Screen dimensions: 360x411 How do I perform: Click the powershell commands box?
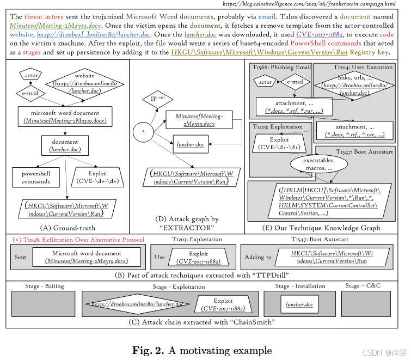(x=35, y=178)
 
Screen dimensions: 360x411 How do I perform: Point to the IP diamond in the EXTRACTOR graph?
(x=154, y=99)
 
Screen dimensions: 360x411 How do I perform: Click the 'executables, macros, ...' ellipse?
(x=318, y=164)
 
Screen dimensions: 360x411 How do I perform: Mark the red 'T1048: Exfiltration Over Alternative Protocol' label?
(x=78, y=240)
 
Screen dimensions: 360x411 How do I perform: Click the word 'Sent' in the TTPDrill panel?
(x=21, y=257)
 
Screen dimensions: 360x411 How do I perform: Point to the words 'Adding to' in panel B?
(x=257, y=257)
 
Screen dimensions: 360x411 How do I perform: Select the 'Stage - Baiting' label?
(x=44, y=286)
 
